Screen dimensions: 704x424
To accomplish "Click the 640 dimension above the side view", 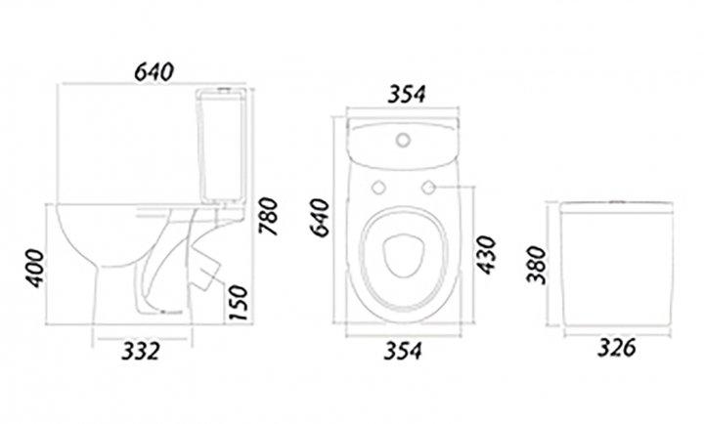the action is click(x=154, y=71).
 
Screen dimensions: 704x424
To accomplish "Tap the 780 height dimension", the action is click(x=268, y=216).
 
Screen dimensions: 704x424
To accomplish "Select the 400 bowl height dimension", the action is click(x=34, y=269).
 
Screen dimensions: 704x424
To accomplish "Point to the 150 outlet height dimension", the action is click(x=239, y=303).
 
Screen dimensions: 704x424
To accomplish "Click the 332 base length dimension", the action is click(x=141, y=351).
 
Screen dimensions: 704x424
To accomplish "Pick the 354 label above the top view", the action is click(x=407, y=94).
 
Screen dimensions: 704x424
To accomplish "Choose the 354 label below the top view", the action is click(x=403, y=351).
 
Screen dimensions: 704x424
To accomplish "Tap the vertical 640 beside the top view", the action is click(x=320, y=218).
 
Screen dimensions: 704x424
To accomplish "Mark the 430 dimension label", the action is click(x=486, y=254).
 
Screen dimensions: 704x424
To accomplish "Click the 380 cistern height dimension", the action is click(x=536, y=265).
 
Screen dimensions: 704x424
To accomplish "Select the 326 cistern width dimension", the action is click(x=617, y=347).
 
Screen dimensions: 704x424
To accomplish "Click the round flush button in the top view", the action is click(x=403, y=140).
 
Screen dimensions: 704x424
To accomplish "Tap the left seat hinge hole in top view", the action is click(x=378, y=188).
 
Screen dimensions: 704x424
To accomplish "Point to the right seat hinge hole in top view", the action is click(x=429, y=188).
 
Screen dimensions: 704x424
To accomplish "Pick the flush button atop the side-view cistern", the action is click(x=223, y=88).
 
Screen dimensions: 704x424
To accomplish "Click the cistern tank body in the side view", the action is click(x=221, y=145).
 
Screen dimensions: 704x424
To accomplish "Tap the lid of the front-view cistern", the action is click(x=616, y=208).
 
